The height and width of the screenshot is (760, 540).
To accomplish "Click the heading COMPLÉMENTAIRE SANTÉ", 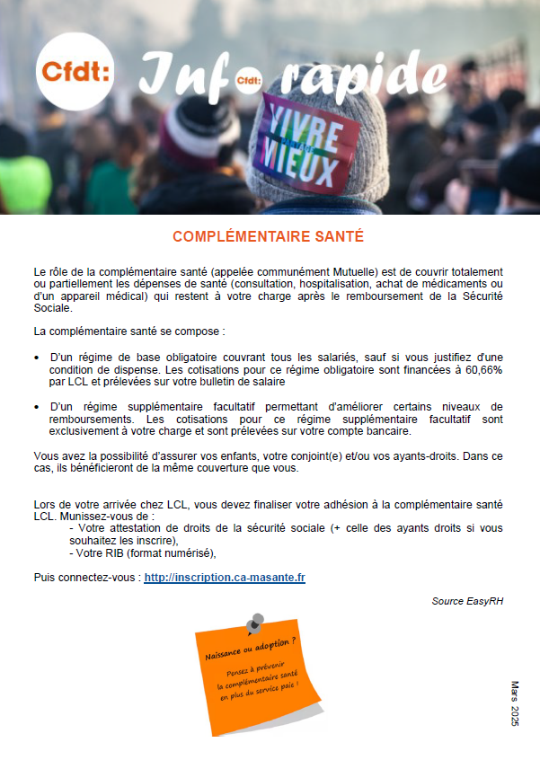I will [268, 236].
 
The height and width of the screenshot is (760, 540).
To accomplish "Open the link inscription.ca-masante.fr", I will [225, 577].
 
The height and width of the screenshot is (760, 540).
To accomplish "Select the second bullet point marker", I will [37, 407].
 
